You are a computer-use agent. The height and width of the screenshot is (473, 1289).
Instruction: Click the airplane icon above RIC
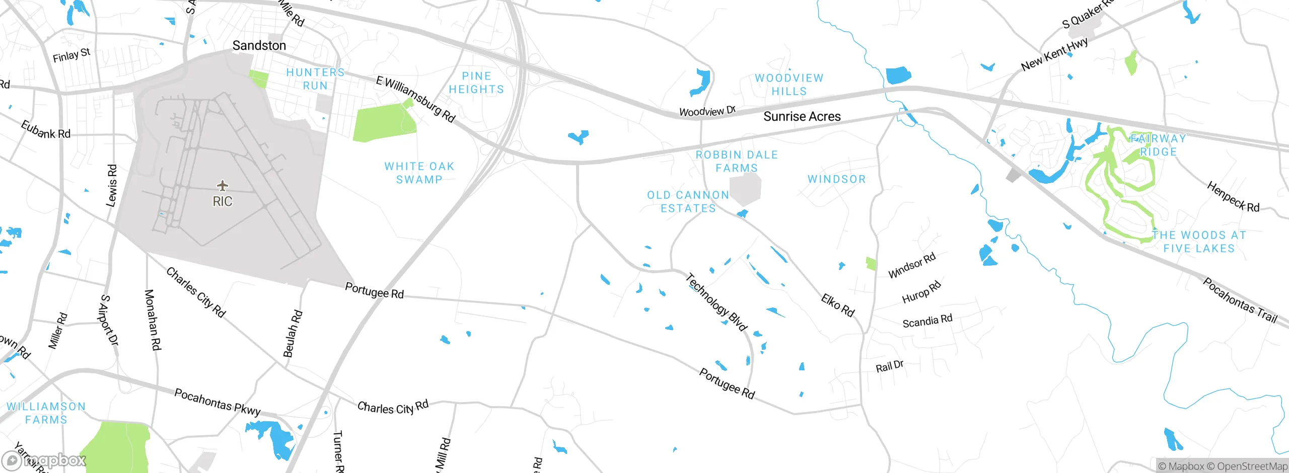[x=222, y=186]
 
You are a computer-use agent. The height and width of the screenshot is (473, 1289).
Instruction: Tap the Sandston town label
[x=259, y=46]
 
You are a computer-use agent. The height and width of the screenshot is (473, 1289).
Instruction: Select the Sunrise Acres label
[x=802, y=117]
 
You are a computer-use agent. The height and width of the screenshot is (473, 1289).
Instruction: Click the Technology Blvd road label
[x=717, y=302]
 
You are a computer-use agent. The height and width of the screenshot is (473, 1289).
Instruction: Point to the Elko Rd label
[x=837, y=305]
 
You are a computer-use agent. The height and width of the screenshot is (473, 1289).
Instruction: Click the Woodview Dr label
[x=707, y=111]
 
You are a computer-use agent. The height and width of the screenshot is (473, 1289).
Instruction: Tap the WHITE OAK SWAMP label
[x=419, y=173]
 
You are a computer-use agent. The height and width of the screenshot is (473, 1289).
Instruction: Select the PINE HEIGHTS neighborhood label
[x=476, y=83]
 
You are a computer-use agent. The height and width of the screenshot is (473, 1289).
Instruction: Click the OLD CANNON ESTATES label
[x=688, y=201]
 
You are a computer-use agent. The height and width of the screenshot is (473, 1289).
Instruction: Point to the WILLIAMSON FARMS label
[x=46, y=413]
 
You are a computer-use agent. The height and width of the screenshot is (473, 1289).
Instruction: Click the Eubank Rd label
[x=45, y=130]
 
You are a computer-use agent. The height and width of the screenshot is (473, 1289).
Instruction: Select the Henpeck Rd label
[x=1233, y=197]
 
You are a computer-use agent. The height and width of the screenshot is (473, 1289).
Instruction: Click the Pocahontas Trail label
[x=1240, y=300]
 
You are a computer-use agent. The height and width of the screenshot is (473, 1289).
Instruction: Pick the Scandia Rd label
[x=927, y=321]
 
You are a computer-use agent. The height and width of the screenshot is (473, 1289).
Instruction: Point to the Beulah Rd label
[x=293, y=334]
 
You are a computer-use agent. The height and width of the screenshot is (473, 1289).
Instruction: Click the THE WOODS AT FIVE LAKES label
[x=1198, y=242]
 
